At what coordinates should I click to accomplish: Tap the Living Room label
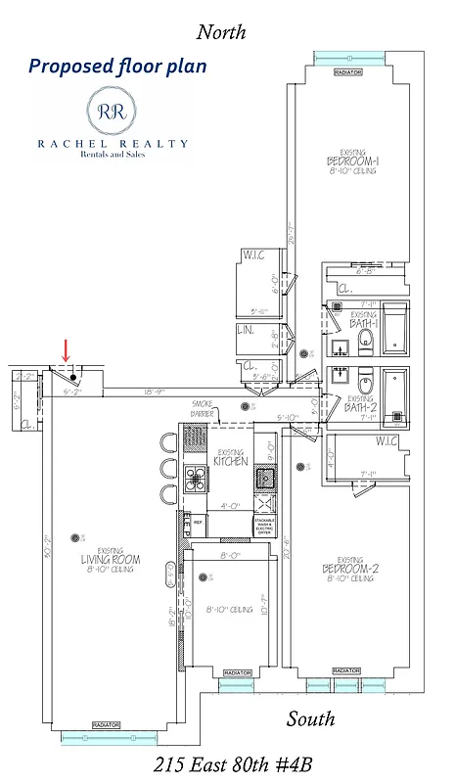coord(110,560)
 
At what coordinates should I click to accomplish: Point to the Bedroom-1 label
coord(348,161)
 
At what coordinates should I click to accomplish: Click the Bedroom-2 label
coord(348,569)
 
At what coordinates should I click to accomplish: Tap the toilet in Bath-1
coord(366,339)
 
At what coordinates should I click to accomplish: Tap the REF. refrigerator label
coord(196,523)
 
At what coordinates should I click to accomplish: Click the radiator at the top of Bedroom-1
coord(347,72)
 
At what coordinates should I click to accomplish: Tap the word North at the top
coord(221,32)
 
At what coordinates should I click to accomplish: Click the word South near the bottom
coord(310,719)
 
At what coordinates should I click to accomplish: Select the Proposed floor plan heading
coord(117,67)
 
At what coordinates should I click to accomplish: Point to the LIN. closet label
coord(246,331)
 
